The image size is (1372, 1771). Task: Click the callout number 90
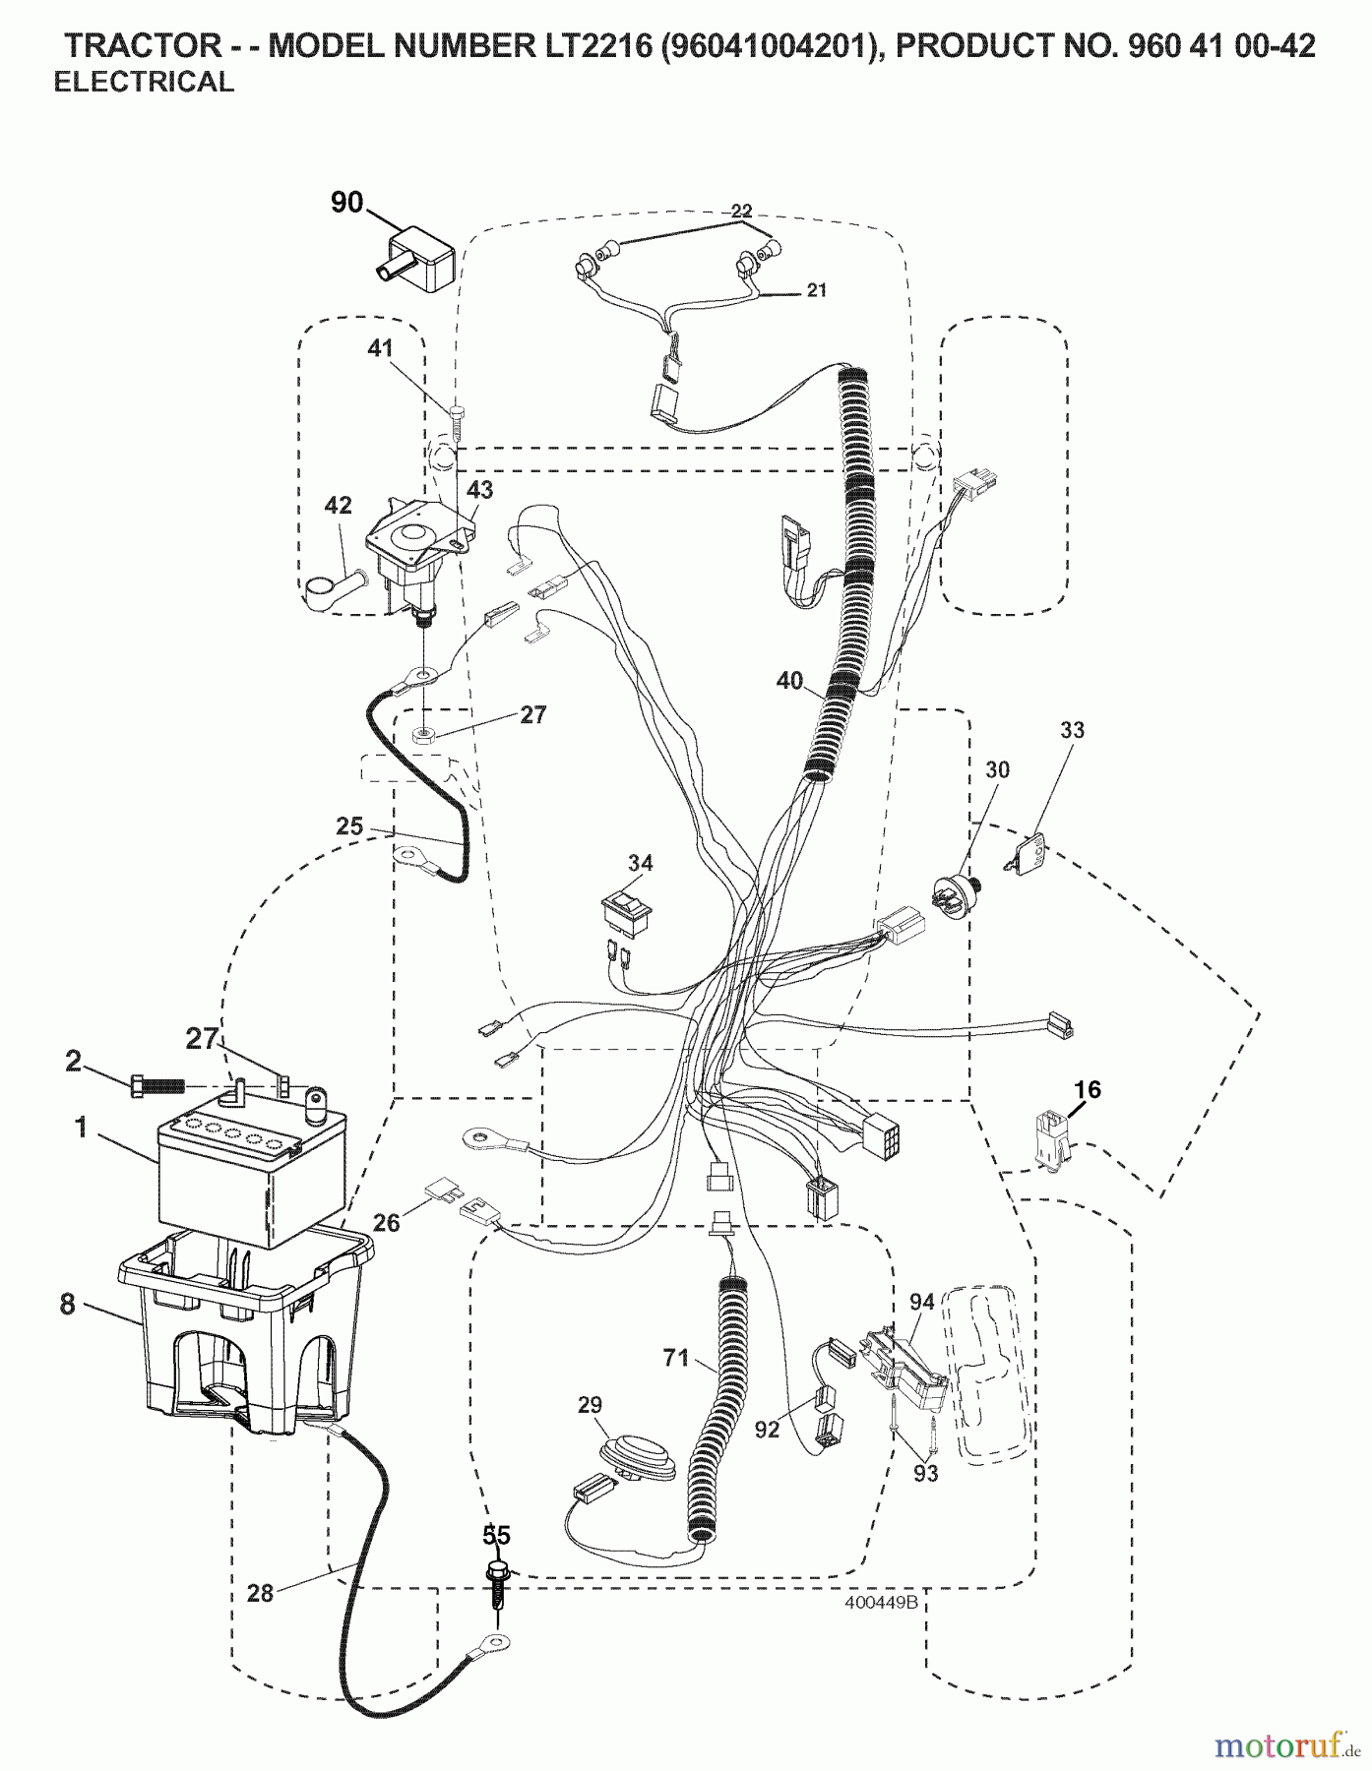(346, 204)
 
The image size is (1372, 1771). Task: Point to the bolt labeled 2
(157, 1085)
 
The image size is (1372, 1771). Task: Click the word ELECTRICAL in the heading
(144, 83)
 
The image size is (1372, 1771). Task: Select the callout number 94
(921, 1303)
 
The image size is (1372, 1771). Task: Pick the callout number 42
(338, 507)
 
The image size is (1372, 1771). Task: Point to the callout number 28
(260, 1591)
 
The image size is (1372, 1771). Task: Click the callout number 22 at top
(741, 210)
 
